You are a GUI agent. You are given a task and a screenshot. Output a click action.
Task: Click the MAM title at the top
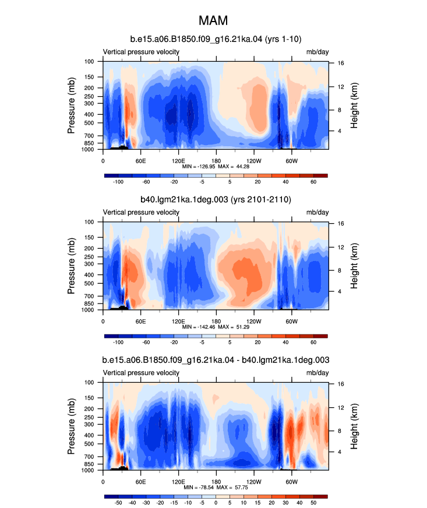213,20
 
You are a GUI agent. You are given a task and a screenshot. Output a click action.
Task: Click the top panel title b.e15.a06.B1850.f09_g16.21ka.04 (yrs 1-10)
216,39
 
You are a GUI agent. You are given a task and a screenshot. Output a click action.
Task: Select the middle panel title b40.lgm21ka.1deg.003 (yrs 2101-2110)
216,200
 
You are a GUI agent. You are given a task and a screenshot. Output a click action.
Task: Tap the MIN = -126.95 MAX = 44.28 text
216,167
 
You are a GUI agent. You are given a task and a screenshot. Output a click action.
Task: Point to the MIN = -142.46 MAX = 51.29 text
216,327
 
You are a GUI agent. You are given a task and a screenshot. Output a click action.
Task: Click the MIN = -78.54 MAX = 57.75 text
216,487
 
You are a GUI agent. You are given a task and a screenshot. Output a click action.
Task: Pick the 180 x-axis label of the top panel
216,161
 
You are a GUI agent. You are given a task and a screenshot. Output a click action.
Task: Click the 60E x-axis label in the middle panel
140,322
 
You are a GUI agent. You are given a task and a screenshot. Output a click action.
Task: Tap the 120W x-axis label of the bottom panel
253,482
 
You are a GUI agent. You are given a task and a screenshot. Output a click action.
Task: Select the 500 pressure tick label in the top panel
89,123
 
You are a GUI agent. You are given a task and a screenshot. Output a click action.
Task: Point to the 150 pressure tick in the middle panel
89,238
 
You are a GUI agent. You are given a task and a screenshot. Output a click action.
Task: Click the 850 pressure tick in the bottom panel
89,464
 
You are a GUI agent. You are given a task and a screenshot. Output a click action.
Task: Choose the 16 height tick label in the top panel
341,63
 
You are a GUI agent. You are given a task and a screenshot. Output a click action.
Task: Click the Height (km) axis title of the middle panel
354,266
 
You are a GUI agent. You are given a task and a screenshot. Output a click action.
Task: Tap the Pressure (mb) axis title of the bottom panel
71,426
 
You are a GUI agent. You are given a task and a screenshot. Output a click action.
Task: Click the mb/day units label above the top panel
317,52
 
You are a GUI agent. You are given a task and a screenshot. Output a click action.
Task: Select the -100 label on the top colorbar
118,182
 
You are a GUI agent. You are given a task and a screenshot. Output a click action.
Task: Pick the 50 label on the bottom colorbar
313,503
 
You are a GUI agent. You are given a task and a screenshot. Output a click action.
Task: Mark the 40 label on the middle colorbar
285,343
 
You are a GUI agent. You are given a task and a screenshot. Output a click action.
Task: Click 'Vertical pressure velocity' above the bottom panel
141,373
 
